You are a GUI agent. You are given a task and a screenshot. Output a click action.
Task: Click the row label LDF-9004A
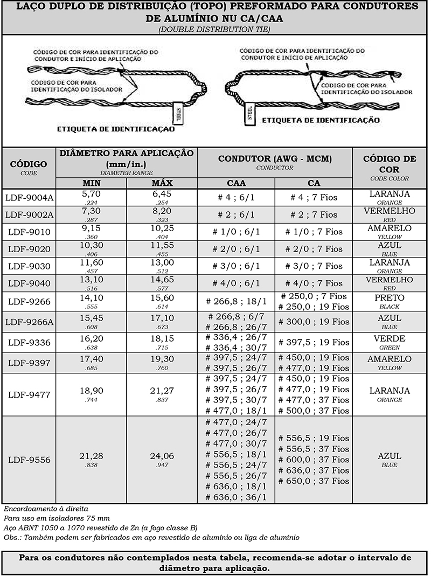coord(29,197)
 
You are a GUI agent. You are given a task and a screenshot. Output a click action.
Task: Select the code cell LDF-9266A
coord(29,322)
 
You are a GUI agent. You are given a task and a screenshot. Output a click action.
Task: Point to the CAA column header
coord(236,183)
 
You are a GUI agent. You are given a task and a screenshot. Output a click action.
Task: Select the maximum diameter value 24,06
coord(162,456)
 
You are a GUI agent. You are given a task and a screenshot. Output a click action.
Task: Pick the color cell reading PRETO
coord(390,297)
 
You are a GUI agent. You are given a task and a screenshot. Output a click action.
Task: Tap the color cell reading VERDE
coord(390,339)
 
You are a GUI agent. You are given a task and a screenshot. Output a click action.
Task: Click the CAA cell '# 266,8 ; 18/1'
coord(236,301)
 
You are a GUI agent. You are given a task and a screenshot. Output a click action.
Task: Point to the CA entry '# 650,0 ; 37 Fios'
coord(314,481)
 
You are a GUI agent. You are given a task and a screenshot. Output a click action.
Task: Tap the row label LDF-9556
coord(29,460)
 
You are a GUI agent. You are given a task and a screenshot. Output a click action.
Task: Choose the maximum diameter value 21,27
coord(162,390)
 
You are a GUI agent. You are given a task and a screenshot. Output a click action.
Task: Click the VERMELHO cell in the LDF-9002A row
coord(390,211)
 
